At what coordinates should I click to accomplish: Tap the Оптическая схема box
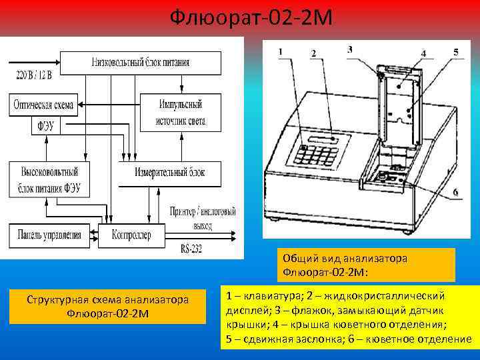(43, 105)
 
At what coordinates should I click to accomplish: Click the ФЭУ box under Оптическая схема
(46, 125)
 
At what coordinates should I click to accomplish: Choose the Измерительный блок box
(169, 173)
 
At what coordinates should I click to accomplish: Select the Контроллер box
(131, 235)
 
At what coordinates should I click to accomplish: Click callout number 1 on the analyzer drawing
(280, 51)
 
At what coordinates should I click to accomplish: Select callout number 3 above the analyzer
(350, 49)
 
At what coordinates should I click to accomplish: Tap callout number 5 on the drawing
(455, 51)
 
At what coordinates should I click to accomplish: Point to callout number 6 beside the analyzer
(455, 193)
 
